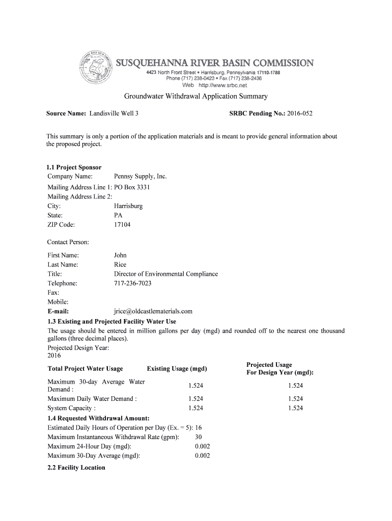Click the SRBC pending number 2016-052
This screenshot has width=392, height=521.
[300, 113]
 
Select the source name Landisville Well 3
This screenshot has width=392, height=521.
[114, 113]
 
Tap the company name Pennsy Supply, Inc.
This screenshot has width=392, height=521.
[141, 177]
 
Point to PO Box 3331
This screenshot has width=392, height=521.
[132, 187]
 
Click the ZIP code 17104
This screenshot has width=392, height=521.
[122, 224]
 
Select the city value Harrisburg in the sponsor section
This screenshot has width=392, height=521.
[128, 206]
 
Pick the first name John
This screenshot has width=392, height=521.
[120, 255]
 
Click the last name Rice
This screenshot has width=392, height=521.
[120, 265]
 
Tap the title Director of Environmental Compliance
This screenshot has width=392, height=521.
[166, 274]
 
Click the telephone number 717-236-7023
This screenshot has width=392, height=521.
[132, 283]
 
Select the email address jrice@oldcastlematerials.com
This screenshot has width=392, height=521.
[153, 311]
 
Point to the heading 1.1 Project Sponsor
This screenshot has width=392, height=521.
[74, 167]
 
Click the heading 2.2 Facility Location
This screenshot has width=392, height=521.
[76, 468]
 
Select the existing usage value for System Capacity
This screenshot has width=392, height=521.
[195, 408]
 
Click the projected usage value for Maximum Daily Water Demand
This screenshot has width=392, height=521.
[295, 399]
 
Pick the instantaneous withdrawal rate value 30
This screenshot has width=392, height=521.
[199, 437]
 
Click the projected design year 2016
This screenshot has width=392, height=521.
[54, 355]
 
